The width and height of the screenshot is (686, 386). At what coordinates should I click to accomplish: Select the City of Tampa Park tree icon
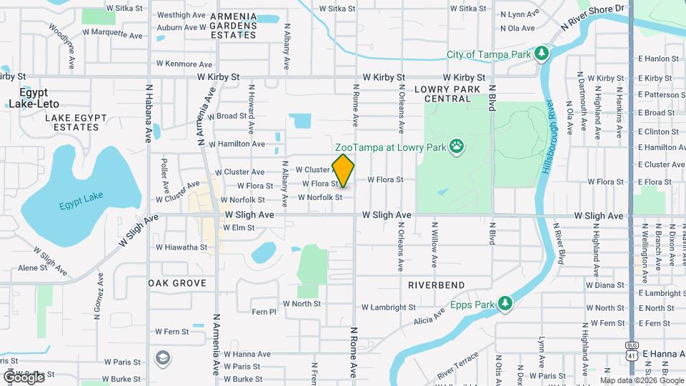click(x=542, y=54)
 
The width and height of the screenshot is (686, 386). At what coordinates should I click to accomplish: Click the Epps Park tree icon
click(x=505, y=303)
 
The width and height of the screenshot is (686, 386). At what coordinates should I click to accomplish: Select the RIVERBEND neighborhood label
click(x=436, y=284)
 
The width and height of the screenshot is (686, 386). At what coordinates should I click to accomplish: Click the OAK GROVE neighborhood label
click(x=177, y=283)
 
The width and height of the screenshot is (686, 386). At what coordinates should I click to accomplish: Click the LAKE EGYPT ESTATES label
click(x=69, y=122)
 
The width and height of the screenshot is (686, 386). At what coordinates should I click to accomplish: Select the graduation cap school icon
click(x=163, y=357)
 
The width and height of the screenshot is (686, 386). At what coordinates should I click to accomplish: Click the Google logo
click(x=23, y=376)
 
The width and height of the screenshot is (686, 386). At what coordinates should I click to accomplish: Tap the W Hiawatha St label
click(x=179, y=247)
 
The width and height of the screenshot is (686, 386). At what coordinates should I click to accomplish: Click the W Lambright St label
click(x=388, y=307)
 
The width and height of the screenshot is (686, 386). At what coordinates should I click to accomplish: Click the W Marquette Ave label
click(x=111, y=33)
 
